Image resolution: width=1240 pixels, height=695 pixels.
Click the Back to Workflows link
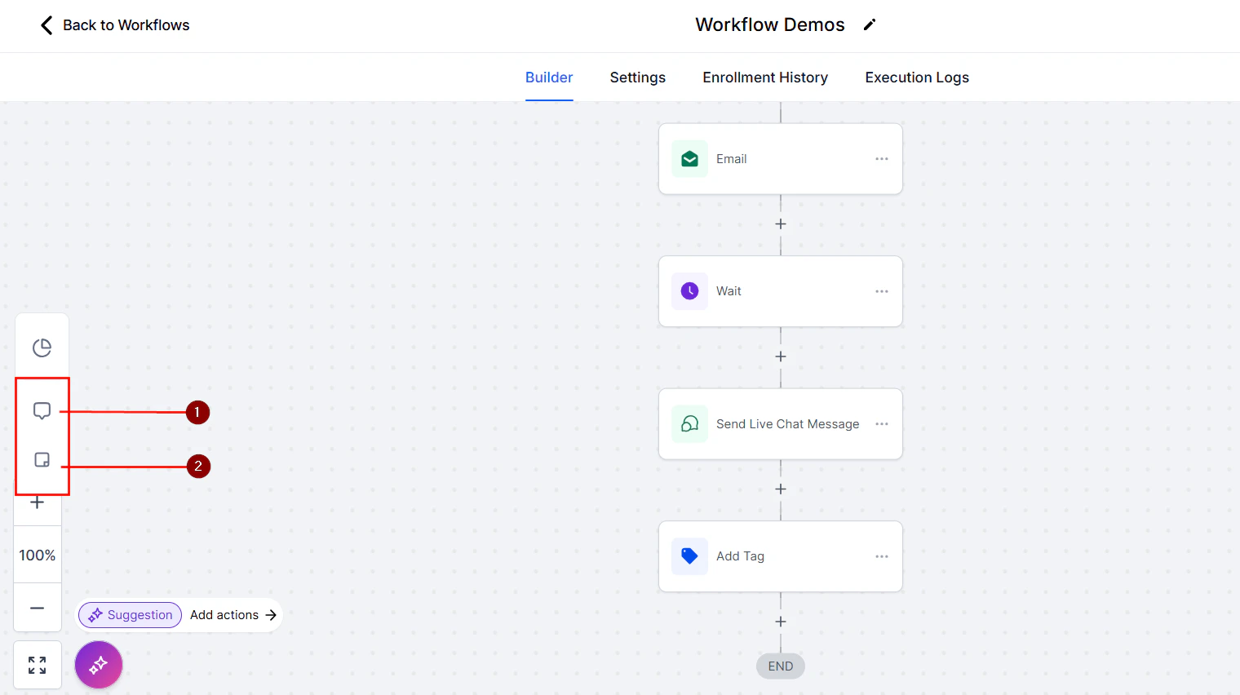click(115, 25)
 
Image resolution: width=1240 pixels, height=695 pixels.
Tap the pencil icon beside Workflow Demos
click(870, 24)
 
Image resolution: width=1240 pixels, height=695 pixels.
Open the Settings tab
click(637, 77)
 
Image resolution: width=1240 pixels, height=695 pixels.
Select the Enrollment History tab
click(764, 77)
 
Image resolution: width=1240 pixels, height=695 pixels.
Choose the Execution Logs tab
click(916, 77)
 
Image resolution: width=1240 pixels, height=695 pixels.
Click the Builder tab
click(548, 77)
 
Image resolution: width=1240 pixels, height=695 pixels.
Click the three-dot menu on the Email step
click(881, 159)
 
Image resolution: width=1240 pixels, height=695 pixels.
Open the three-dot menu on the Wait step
click(881, 291)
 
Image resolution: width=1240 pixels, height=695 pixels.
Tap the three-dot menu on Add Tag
click(881, 556)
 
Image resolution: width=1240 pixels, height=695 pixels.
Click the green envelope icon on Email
click(689, 159)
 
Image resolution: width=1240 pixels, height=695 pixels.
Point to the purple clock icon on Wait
click(689, 291)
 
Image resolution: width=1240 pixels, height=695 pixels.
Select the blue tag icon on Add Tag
click(689, 556)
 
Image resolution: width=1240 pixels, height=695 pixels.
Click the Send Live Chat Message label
click(787, 424)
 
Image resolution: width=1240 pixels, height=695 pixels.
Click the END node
click(780, 666)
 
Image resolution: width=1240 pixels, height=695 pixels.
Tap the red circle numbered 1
click(197, 413)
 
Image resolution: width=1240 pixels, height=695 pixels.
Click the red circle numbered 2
click(198, 467)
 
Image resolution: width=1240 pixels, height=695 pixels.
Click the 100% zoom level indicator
click(38, 556)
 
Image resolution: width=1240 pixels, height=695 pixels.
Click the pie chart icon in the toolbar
click(42, 348)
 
